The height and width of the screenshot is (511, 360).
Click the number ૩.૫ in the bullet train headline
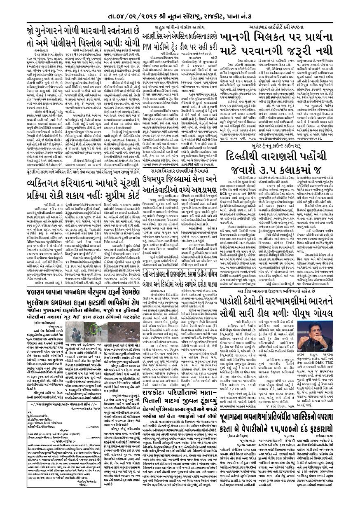(x=272, y=181)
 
